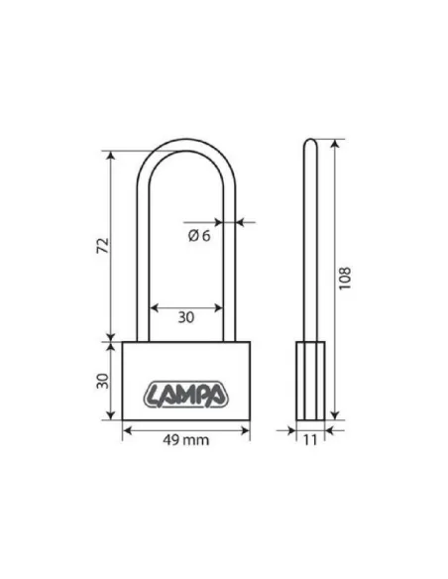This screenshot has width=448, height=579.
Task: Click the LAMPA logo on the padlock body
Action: click(x=185, y=395)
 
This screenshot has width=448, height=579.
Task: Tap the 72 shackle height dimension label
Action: click(x=103, y=246)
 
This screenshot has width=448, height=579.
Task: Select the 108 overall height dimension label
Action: click(x=345, y=278)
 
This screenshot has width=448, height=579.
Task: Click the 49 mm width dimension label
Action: click(x=185, y=440)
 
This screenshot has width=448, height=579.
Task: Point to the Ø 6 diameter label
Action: click(x=199, y=235)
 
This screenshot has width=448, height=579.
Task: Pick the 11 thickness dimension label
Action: click(x=310, y=440)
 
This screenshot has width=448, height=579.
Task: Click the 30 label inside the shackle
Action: click(x=186, y=317)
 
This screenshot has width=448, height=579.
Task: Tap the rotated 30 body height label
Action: click(x=103, y=381)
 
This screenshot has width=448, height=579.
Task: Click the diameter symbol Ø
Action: click(x=193, y=235)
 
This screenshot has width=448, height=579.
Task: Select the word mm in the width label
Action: click(x=196, y=440)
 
